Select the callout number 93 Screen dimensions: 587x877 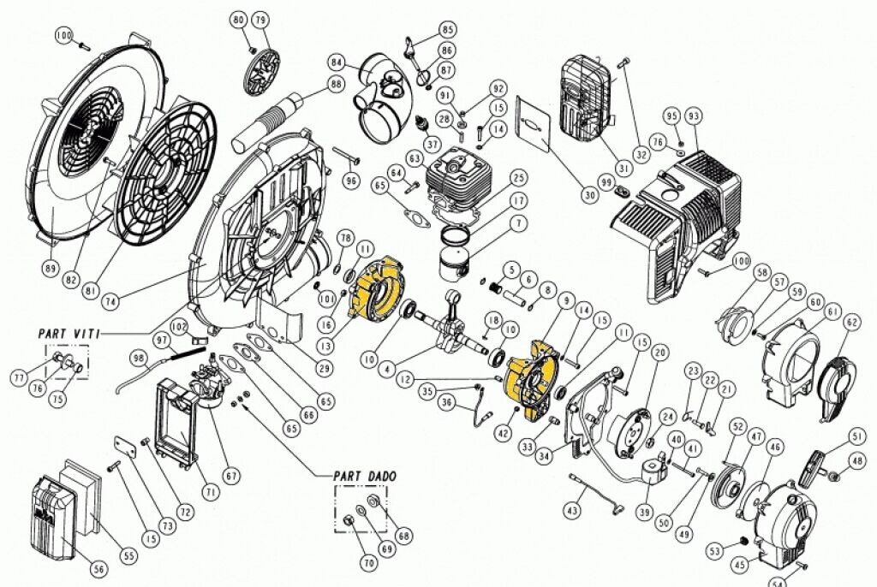tap(693, 116)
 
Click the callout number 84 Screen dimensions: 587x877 tap(335, 62)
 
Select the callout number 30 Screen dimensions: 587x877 tap(588, 195)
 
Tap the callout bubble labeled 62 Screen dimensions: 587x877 tap(850, 322)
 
